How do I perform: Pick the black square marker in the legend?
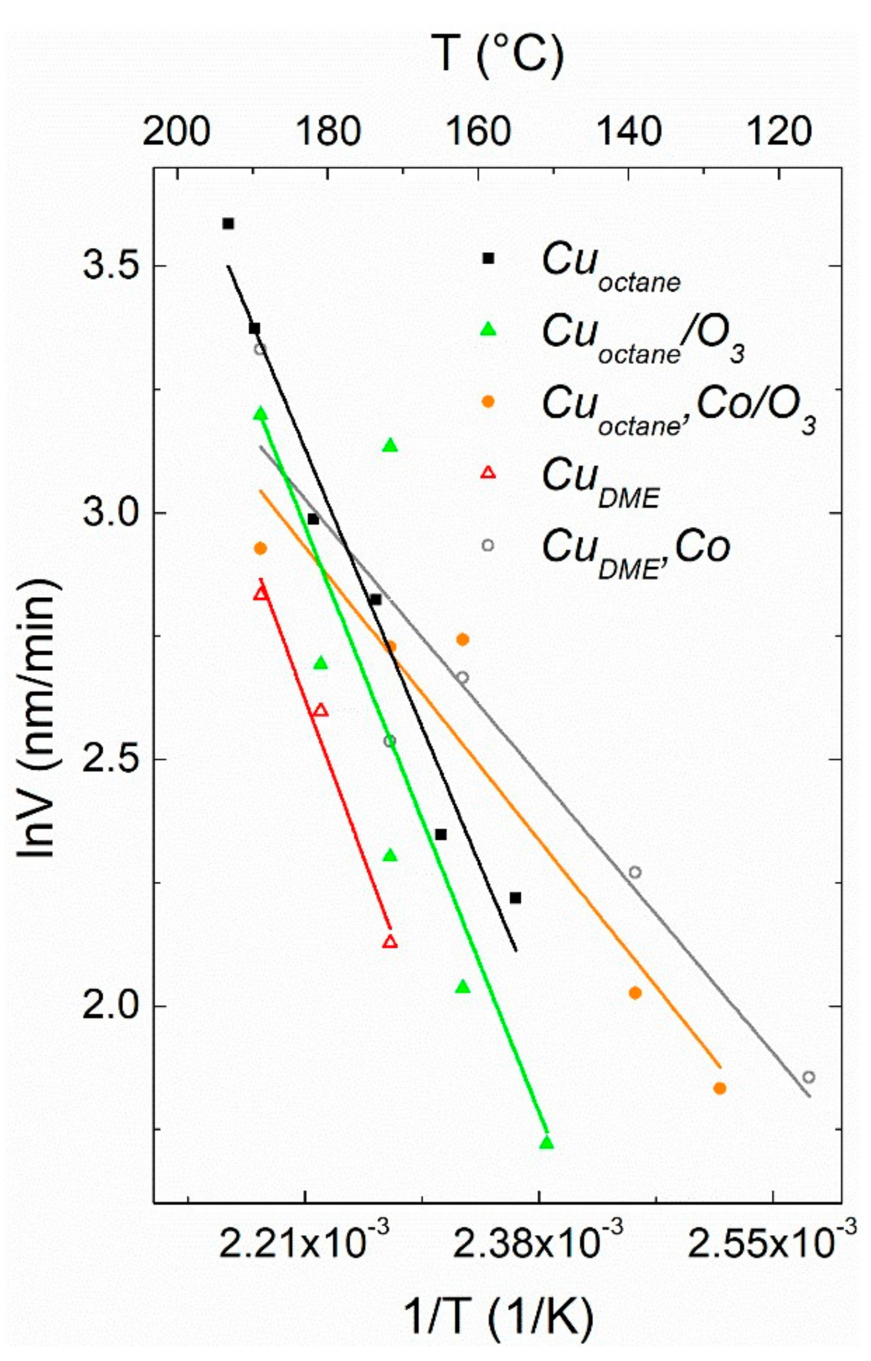click(x=488, y=258)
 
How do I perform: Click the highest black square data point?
click(x=228, y=224)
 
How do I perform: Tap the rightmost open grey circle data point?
click(x=809, y=1077)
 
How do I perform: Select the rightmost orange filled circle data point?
click(x=719, y=1088)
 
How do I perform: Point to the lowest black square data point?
click(x=514, y=898)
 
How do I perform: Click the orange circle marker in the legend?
click(x=488, y=401)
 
